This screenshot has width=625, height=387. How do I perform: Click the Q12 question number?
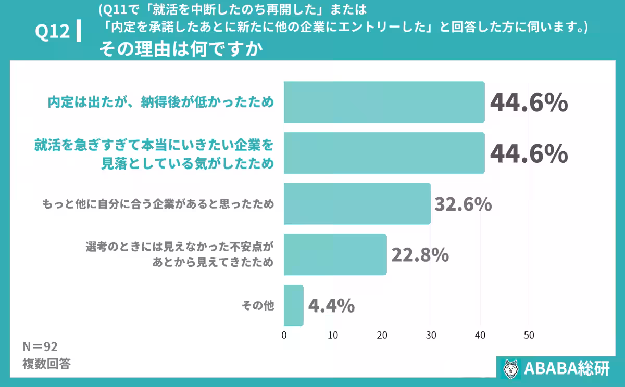[x=52, y=32]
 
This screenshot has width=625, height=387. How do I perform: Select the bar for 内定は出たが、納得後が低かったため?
[x=384, y=102]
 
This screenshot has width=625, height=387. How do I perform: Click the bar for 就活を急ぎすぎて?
[x=384, y=153]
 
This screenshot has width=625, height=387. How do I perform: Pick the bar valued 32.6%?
[x=357, y=203]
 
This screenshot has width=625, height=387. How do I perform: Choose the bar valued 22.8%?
[x=335, y=254]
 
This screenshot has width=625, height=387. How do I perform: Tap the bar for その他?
[x=294, y=305]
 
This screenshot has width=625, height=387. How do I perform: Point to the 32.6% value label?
[x=463, y=204]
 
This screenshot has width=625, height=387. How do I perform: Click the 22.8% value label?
[x=420, y=255]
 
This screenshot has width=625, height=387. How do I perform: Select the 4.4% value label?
[x=332, y=306]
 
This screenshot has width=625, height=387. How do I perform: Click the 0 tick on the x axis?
[x=284, y=335]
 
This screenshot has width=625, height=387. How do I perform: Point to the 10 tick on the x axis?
[x=333, y=335]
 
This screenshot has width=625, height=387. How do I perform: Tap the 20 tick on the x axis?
[x=382, y=335]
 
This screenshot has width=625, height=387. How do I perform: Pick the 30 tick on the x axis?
[x=431, y=335]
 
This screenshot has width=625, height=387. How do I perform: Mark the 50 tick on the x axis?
[x=529, y=335]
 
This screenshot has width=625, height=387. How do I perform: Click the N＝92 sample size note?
[x=40, y=347]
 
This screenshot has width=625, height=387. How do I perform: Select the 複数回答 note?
[x=46, y=364]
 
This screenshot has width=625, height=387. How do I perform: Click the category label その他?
[x=257, y=306]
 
